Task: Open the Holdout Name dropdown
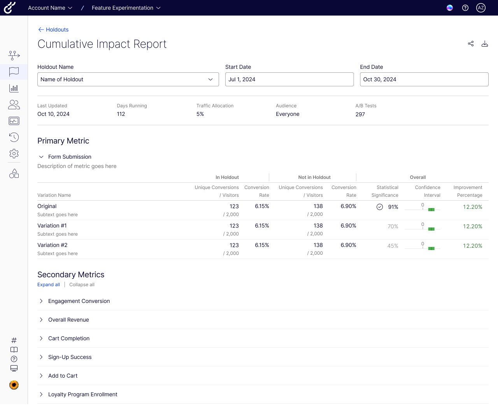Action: (x=128, y=79)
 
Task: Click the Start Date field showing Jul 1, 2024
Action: (x=289, y=79)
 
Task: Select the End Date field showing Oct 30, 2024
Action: (x=424, y=79)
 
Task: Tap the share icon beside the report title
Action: (x=471, y=44)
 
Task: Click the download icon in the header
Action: (x=485, y=44)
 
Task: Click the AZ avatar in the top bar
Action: (x=481, y=8)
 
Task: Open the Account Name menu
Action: (x=50, y=8)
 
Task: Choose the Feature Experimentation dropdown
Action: (x=126, y=8)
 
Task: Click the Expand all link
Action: (x=49, y=285)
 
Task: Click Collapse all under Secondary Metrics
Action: (x=82, y=285)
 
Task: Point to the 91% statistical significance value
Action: (x=393, y=207)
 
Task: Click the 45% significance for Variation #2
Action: (x=393, y=246)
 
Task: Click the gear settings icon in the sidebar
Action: (x=14, y=154)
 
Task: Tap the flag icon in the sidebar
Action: (x=14, y=72)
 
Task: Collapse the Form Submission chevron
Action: (x=41, y=157)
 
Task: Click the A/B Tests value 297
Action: (x=360, y=114)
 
